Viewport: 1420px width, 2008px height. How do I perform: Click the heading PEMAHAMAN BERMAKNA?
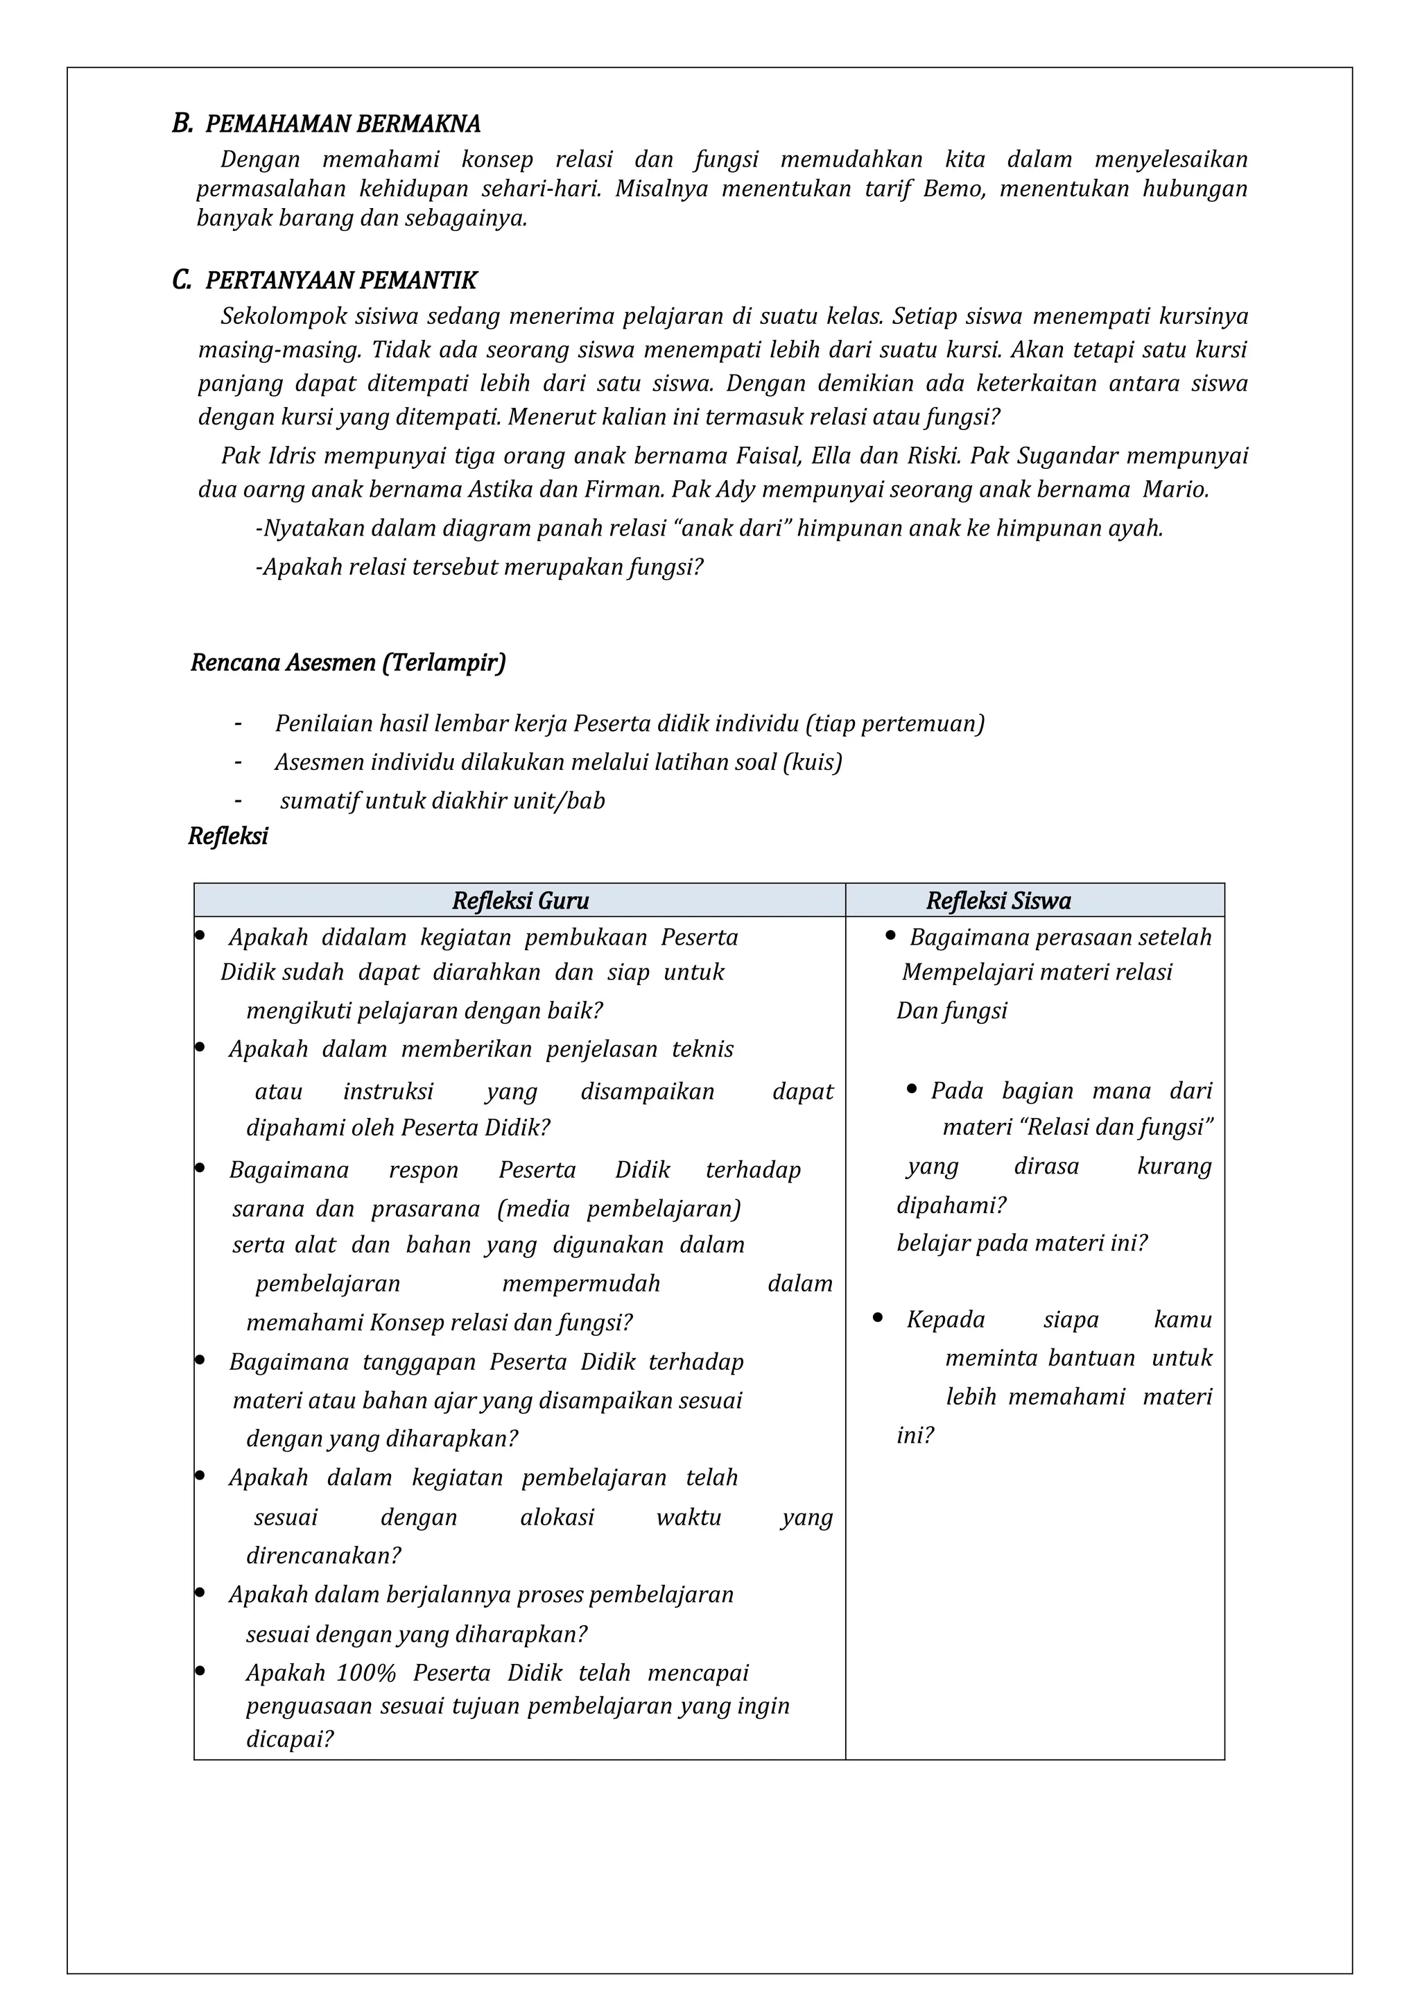(x=342, y=124)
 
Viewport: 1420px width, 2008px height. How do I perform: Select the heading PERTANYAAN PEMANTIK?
(x=340, y=281)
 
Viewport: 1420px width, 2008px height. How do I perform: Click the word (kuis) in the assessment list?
(x=813, y=762)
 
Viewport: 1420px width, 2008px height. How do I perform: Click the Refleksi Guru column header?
(x=520, y=901)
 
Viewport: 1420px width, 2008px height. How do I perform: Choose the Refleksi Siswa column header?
(x=998, y=901)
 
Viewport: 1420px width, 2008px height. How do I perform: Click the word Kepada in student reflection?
(x=945, y=1320)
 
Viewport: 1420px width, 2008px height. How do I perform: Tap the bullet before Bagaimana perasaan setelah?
(x=890, y=936)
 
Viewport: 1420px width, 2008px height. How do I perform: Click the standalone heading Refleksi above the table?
(x=228, y=837)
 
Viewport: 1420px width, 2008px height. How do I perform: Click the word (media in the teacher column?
(x=533, y=1209)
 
